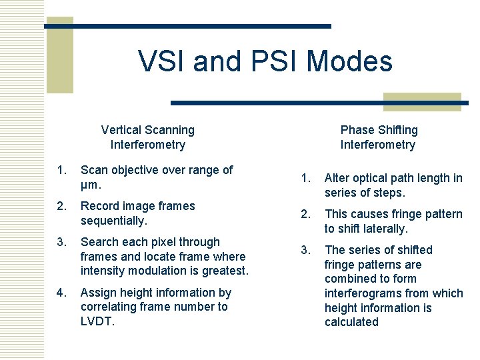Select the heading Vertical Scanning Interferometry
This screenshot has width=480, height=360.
tap(147, 137)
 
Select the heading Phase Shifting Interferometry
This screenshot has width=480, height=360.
tap(378, 137)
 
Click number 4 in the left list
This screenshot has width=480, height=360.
tap(62, 293)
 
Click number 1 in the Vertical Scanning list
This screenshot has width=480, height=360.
tap(62, 170)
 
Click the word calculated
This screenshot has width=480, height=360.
tap(351, 322)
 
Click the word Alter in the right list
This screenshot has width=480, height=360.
tap(337, 178)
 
